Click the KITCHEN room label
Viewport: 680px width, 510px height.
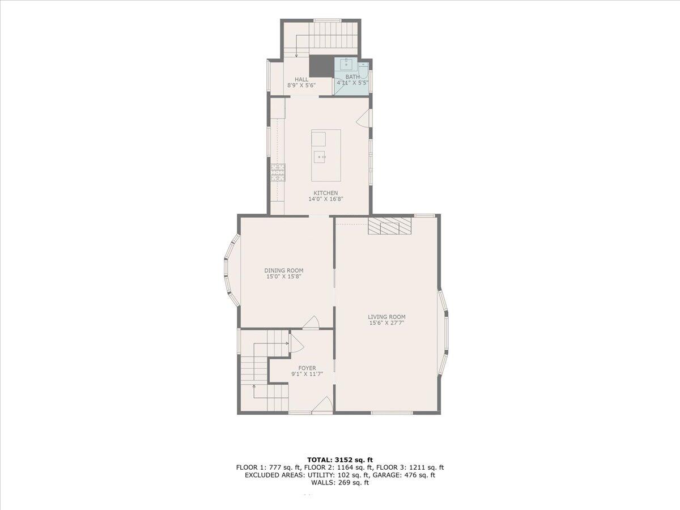(326, 193)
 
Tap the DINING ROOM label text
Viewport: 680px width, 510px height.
(284, 270)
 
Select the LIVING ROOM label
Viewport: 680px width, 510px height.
(386, 317)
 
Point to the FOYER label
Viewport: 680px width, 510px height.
(307, 368)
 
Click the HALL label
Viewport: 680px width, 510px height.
(301, 79)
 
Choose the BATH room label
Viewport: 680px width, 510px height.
(352, 76)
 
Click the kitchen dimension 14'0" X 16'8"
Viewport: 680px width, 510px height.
(326, 199)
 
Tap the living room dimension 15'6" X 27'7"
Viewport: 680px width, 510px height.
(386, 324)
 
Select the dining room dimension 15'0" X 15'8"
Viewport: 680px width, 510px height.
(284, 277)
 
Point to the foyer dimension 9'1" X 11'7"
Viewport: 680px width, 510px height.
(307, 374)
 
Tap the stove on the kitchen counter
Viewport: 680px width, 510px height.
(278, 172)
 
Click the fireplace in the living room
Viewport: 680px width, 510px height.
(389, 226)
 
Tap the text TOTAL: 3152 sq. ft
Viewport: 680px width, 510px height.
(339, 459)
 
